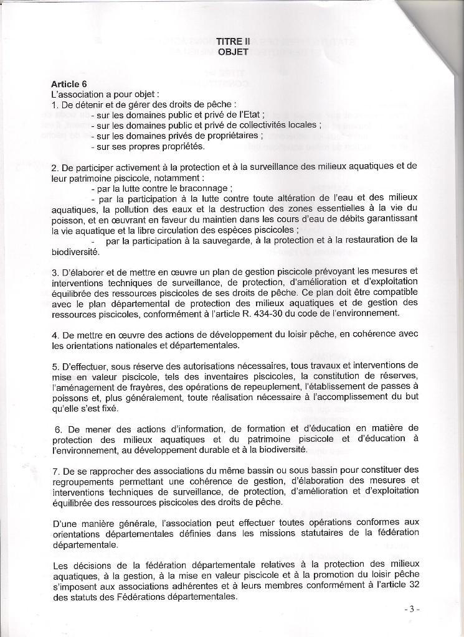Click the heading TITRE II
233,41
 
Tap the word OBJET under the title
233,52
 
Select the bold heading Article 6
69,84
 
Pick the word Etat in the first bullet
253,114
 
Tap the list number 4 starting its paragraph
55,335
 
